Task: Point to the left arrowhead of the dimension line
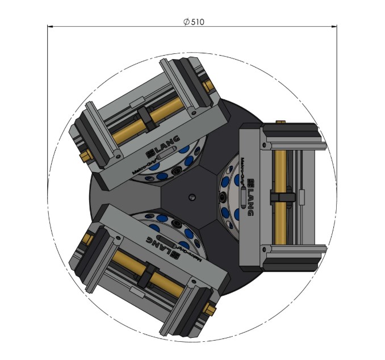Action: [x=50, y=26]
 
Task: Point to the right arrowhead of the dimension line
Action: [x=334, y=26]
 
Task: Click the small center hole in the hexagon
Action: [x=192, y=196]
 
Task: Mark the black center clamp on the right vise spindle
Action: [x=282, y=196]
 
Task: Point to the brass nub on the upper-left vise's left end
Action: [x=85, y=155]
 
